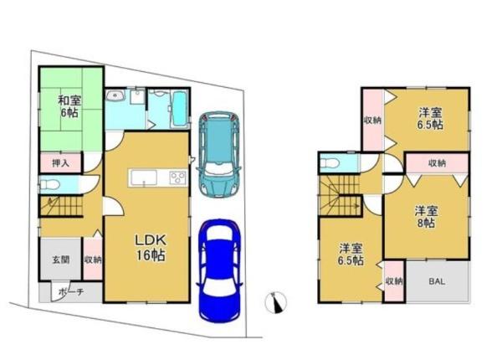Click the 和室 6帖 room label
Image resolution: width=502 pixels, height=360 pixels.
pos(69,106)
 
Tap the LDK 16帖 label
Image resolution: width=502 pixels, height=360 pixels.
pos(151,247)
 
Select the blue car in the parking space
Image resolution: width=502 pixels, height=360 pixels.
pos(219,270)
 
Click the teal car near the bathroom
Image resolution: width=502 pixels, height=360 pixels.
pos(218,153)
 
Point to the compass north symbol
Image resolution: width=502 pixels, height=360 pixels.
pos(275,303)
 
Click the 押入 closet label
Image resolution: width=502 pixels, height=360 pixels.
pos(61,163)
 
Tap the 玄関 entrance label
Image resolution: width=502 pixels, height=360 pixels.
pos(61,260)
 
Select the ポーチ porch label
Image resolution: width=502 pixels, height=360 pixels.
pos(71,292)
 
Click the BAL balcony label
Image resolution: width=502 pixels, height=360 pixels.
pos(437,281)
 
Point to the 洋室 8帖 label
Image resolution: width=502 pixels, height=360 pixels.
pos(426,217)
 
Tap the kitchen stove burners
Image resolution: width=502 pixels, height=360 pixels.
pos(178,177)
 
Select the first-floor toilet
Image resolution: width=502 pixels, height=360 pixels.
pos(49,185)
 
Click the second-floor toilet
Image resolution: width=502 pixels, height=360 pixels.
pos(330,163)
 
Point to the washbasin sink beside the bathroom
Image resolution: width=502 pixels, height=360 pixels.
pos(115,95)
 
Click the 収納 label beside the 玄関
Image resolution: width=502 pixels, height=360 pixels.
pos(93,260)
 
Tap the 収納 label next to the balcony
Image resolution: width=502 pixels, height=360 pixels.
pos(394,281)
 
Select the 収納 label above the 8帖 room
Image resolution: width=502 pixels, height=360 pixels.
pos(437,163)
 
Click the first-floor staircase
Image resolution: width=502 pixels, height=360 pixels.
pos(61,206)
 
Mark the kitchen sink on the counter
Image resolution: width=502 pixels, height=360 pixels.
pos(143,177)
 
